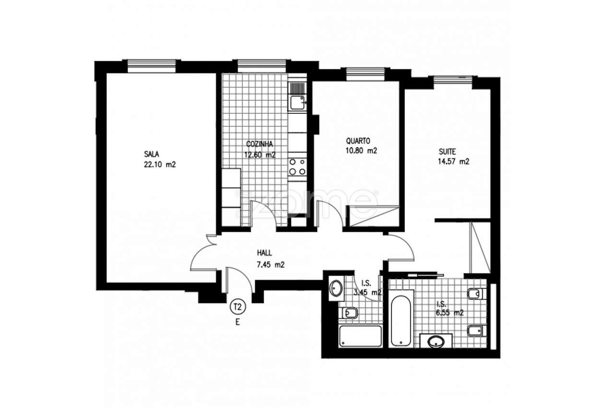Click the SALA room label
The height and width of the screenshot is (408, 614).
[151, 154]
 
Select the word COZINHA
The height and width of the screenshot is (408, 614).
[260, 144]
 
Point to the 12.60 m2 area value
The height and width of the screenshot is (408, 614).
[260, 155]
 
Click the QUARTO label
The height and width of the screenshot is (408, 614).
[358, 141]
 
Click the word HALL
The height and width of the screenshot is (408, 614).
[265, 252]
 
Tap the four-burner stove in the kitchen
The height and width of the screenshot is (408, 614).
[297, 167]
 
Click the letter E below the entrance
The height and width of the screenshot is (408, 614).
[237, 323]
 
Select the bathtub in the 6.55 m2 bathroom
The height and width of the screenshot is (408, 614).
[400, 320]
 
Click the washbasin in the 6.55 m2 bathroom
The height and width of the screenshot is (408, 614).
[436, 342]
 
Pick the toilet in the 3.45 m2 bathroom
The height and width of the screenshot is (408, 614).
[350, 313]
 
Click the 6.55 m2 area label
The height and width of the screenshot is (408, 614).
[450, 313]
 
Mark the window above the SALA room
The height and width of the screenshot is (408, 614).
[151, 65]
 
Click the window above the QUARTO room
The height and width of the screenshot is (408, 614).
[366, 72]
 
